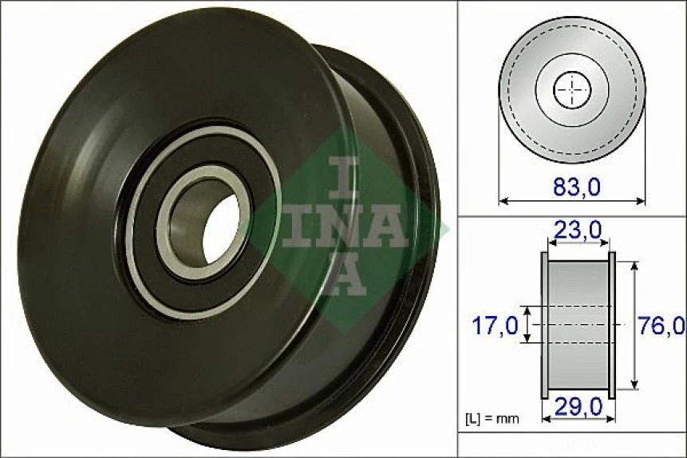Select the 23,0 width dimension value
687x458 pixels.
[578, 231]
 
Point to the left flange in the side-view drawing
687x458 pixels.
[545, 325]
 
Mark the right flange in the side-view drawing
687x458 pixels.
[612, 325]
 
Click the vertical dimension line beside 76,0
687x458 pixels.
[634, 325]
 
